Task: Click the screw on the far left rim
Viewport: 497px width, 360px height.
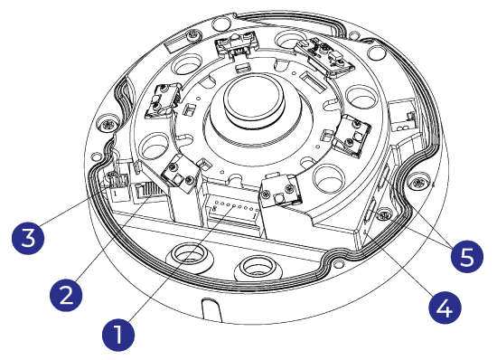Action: click(108, 122)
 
